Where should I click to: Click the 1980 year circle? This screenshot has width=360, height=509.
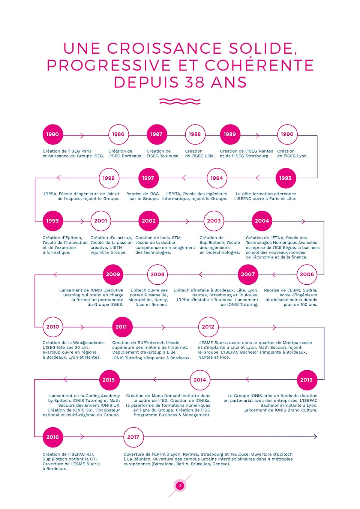(x=52, y=134)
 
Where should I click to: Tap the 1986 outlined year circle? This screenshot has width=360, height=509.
(x=118, y=134)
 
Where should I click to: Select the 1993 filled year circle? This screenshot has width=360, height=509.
(x=285, y=178)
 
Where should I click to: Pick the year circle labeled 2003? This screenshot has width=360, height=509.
(x=214, y=221)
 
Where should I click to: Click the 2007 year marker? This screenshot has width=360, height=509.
(x=248, y=274)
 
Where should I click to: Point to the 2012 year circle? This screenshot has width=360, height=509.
(x=208, y=327)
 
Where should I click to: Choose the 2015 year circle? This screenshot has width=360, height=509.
(x=109, y=380)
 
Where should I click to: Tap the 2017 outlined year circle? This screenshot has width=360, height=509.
(x=133, y=437)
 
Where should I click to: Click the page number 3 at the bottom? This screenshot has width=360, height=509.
(x=180, y=485)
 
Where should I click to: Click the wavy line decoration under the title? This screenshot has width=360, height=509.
(x=180, y=101)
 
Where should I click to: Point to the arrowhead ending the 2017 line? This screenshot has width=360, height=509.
(x=315, y=437)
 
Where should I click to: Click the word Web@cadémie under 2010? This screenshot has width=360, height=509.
(x=88, y=342)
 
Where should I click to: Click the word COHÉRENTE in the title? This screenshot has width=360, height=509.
(x=259, y=66)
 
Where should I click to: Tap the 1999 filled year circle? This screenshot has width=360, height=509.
(x=52, y=221)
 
